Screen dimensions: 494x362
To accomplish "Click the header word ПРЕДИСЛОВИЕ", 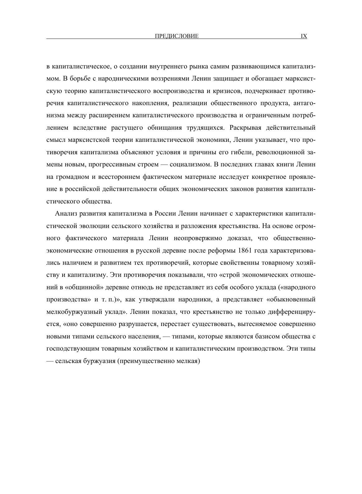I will pyautogui.click(x=176, y=36).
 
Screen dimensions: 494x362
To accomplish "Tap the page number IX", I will pyautogui.click(x=304, y=36).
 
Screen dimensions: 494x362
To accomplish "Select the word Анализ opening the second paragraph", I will pyautogui.click(x=64, y=213).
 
